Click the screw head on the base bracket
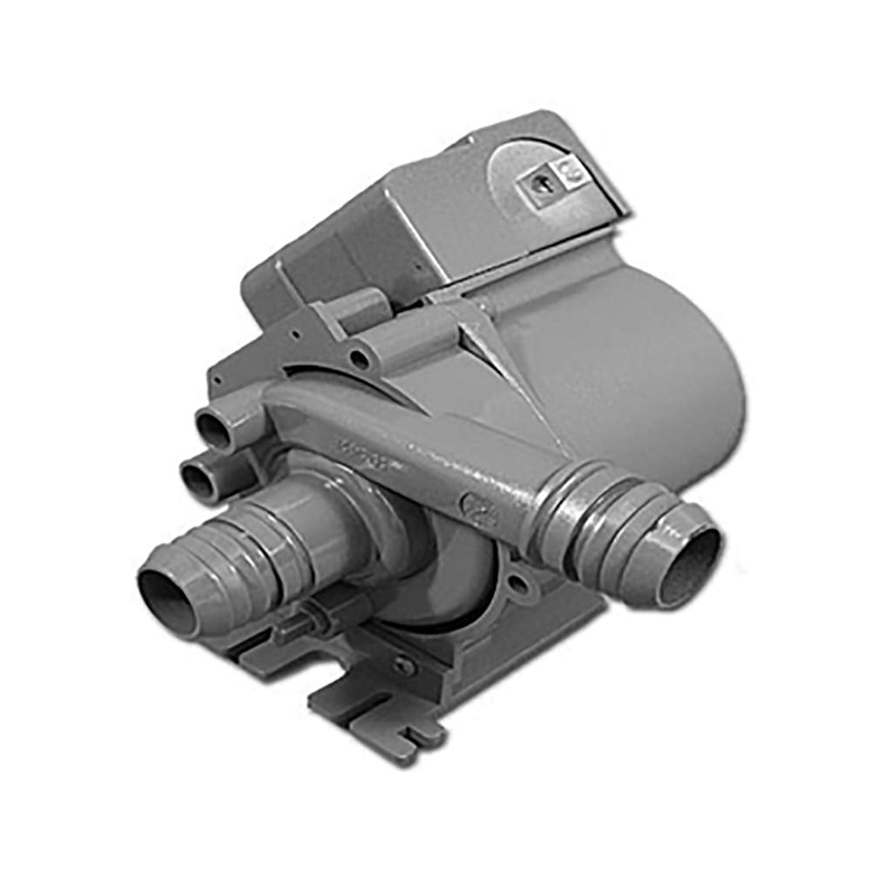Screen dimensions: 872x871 tap(403, 664)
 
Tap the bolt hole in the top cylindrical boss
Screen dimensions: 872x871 tap(357, 357)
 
